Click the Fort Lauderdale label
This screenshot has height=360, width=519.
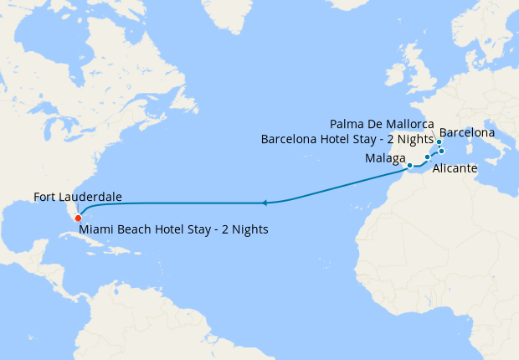pos(78,197)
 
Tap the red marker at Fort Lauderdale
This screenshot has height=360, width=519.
pos(78,219)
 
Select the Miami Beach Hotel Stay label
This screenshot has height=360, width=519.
pos(173,229)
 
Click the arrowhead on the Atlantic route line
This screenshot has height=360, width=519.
pos(264,203)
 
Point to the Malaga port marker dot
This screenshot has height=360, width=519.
pos(409,166)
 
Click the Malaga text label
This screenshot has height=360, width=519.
pos(385,158)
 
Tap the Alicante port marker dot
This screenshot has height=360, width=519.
pos(427,157)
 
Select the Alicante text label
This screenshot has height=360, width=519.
pos(455,169)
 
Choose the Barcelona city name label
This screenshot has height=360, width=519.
pos(466,132)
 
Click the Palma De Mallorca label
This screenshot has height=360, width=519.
pos(382,124)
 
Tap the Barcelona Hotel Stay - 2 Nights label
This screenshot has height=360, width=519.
pos(347,139)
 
